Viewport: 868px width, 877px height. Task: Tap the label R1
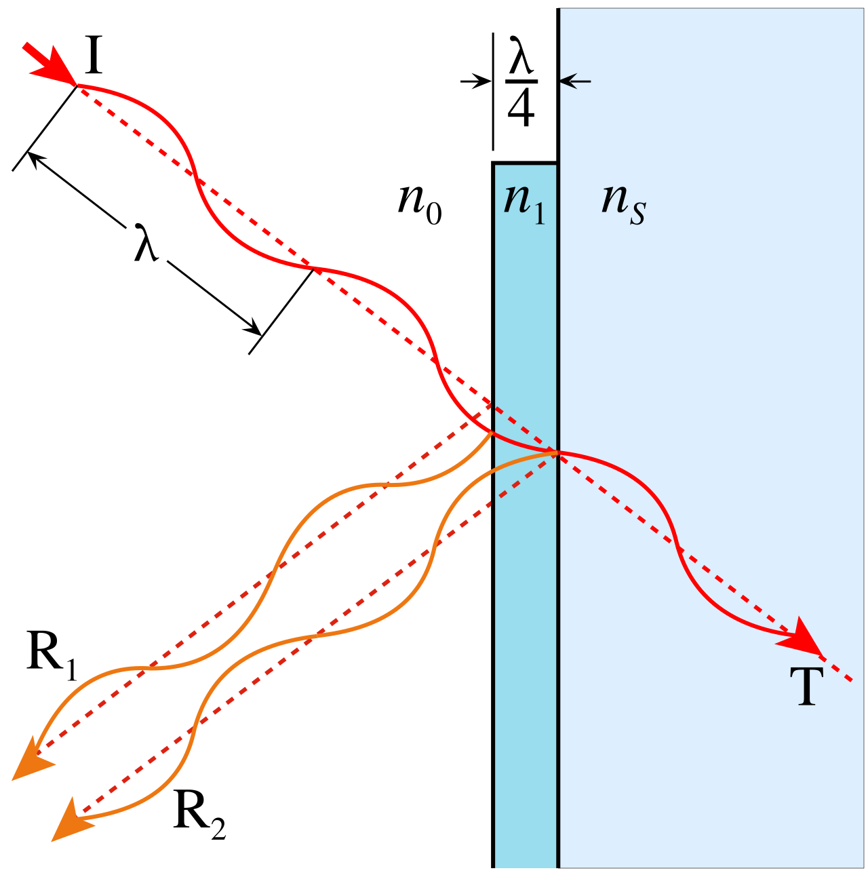51,656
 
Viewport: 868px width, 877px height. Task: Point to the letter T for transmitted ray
806,686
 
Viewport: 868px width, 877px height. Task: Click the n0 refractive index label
419,206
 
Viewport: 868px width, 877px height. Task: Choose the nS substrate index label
624,206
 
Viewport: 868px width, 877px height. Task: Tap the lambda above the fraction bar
521,55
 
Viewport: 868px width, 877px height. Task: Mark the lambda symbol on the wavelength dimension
146,243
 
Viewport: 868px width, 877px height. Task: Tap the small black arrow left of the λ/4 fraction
476,81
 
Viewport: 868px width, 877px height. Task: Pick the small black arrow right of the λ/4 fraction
575,81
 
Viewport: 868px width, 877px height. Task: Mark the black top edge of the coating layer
525,163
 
